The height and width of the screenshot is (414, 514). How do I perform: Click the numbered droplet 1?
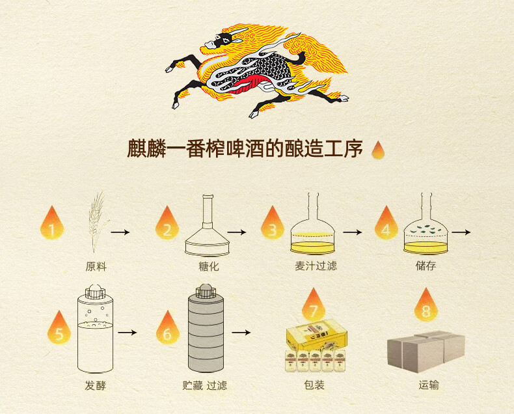52,224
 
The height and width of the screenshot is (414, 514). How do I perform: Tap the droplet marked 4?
386,224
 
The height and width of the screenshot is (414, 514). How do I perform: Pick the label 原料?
96,266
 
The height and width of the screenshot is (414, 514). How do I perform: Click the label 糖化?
208,266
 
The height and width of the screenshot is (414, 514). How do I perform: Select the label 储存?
426,266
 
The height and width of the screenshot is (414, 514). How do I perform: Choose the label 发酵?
95,385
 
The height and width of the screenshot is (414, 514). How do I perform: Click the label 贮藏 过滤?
205,385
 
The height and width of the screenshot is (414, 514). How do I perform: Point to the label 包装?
314,385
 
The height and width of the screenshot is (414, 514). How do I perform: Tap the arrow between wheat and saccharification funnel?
120,232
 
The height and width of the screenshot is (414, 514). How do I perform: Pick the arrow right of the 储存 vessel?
461,232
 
